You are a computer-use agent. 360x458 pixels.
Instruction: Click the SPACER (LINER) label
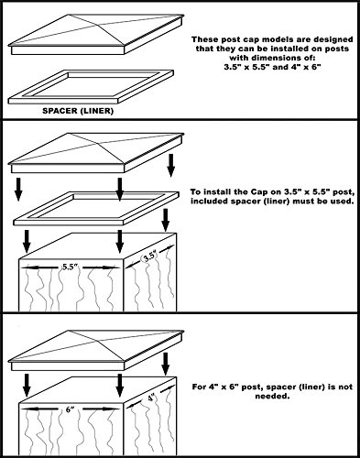click(78, 111)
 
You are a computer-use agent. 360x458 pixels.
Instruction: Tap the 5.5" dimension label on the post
click(71, 267)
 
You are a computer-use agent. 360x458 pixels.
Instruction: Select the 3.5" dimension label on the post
click(150, 256)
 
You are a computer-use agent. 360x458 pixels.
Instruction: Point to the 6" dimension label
click(70, 409)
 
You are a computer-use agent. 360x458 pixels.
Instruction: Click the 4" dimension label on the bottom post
click(151, 398)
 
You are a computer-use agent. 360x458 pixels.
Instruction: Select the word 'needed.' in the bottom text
click(272, 397)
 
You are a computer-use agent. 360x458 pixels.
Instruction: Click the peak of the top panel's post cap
click(70, 15)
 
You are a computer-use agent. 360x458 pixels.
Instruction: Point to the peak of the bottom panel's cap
click(70, 331)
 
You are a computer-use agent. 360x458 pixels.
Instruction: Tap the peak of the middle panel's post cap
click(70, 133)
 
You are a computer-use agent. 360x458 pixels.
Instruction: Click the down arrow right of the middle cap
click(171, 166)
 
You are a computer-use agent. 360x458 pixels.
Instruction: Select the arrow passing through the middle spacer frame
click(120, 190)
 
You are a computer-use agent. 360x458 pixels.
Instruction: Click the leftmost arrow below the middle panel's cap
click(18, 190)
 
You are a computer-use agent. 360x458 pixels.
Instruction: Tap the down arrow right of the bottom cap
click(166, 364)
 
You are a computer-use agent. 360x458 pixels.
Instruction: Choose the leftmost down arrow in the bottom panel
click(27, 386)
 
